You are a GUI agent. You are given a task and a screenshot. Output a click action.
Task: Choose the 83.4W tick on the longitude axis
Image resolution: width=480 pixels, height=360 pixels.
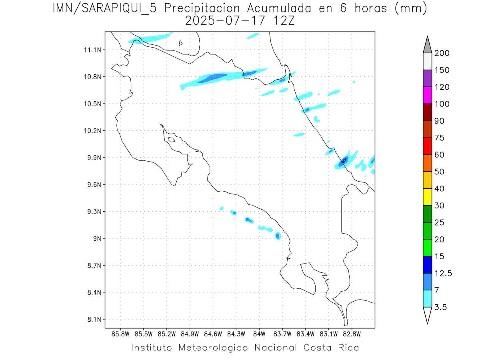tap(305, 334)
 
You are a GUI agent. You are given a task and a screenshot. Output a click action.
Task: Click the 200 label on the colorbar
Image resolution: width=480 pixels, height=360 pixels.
tap(442, 53)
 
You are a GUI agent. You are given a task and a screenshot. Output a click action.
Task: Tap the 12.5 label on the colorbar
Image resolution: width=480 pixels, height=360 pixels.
tap(444, 274)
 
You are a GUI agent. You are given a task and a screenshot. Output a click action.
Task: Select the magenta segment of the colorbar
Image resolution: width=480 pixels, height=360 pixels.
tap(427, 95)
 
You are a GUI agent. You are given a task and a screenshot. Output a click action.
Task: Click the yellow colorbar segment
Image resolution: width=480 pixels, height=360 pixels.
tap(427, 197)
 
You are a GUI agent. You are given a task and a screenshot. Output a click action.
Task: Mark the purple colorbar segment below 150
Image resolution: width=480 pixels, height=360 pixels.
tap(427, 78)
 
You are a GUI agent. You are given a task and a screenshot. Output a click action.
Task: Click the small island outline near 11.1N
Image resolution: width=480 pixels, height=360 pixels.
tap(181, 43)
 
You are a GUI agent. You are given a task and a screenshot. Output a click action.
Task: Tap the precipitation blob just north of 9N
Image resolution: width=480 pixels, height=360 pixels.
tap(278, 236)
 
